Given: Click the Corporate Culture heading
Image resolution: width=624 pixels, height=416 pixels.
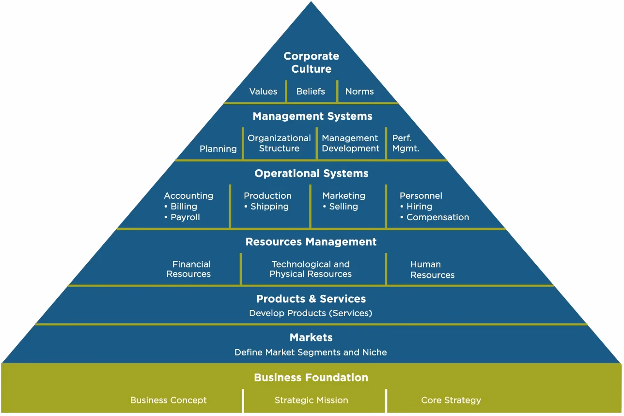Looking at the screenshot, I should point(311,63).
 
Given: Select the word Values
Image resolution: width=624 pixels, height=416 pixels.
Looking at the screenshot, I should point(263,91).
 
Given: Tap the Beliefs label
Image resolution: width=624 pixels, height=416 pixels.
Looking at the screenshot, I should point(311,91).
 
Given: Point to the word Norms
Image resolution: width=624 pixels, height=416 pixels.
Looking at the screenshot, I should point(359,91).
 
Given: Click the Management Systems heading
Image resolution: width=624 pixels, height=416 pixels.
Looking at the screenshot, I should point(312,116).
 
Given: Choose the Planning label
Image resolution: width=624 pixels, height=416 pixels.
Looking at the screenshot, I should point(218,149).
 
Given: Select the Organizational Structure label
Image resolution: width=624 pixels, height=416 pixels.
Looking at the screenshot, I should point(279,144).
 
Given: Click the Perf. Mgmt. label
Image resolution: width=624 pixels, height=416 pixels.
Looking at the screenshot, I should point(406,144).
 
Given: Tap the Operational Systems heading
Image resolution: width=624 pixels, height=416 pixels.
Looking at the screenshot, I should point(311,174).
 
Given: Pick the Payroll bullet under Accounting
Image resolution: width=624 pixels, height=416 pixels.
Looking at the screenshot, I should point(185,217).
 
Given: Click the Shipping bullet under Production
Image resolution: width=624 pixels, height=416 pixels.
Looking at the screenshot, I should point(269,207).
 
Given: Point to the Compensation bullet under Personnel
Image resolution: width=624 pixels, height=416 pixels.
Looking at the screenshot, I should point(437,217).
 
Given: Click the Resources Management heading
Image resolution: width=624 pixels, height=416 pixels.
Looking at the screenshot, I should point(311,242).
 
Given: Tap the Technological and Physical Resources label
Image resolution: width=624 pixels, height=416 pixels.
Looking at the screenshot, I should point(311,269).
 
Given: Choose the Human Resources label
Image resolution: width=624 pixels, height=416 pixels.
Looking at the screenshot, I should point(432,270).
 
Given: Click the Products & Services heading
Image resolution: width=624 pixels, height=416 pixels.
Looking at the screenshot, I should point(311,299).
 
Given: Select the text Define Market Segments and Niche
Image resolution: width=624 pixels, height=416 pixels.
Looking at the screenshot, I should point(311,352).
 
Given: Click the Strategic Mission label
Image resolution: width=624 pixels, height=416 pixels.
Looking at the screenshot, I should point(311,400).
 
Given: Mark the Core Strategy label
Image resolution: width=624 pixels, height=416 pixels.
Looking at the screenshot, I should point(451,400).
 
